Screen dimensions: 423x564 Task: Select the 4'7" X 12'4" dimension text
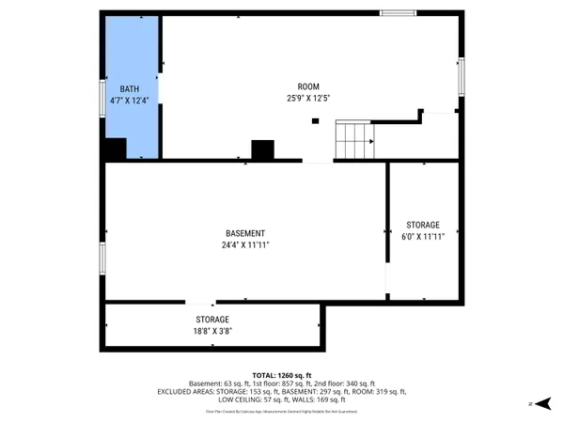130,99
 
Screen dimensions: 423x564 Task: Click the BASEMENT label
245,233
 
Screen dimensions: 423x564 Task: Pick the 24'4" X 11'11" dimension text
245,245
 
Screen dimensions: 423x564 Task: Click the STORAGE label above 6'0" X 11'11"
423,226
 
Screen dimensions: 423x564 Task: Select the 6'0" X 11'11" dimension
423,237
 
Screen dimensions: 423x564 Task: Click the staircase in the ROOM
356,140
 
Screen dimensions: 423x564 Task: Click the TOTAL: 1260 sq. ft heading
282,374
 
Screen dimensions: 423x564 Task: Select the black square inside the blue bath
115,149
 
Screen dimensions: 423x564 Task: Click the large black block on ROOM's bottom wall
262,149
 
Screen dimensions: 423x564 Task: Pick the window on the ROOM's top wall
397,12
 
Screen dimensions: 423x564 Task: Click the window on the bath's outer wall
102,97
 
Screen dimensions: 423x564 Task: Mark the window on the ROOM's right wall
461,76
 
